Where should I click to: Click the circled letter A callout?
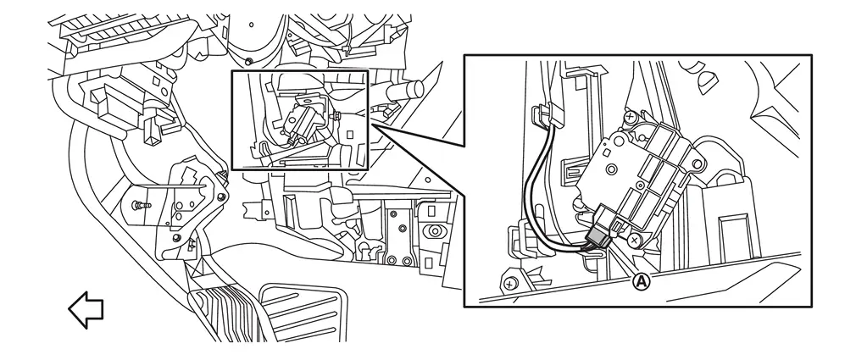pos(642,281)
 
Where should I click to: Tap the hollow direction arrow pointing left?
pos(86,310)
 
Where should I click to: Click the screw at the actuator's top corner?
pos(631,116)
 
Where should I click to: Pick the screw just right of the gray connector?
pos(634,240)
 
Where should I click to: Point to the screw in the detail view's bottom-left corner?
pos(509,284)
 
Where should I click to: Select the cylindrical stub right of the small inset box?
pos(406,90)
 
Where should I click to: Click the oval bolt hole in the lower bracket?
pos(435,230)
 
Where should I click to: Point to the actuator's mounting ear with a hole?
pos(695,162)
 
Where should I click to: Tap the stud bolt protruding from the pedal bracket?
pos(142,205)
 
